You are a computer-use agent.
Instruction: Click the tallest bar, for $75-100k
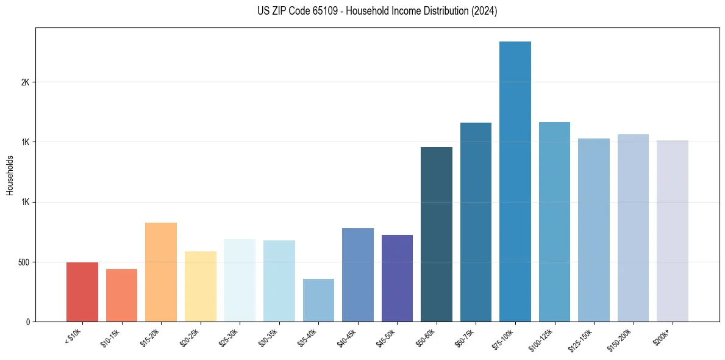(515, 181)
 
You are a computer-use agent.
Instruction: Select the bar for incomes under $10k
(82, 292)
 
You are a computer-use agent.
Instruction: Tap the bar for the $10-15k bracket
(121, 295)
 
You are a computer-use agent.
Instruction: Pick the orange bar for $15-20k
(161, 272)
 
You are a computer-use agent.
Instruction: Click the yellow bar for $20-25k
(201, 286)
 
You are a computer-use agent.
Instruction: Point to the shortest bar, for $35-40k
(318, 300)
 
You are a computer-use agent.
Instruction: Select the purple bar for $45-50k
(397, 278)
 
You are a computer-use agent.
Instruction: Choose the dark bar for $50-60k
(437, 234)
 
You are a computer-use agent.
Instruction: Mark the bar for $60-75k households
(476, 222)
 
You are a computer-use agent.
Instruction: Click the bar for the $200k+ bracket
(673, 231)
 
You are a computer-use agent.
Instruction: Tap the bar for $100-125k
(554, 221)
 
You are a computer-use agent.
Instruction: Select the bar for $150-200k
(633, 228)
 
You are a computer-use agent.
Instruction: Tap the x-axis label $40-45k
(347, 337)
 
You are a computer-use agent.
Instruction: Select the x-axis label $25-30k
(229, 337)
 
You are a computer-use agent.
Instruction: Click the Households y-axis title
(10, 175)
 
